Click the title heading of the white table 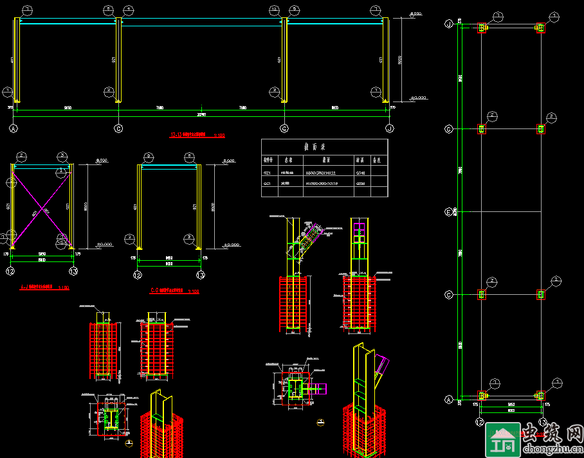(324, 146)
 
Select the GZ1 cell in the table (268, 172)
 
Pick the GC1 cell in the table (268, 184)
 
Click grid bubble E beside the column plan (449, 211)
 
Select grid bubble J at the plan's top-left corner (449, 24)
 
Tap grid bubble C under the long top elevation (118, 128)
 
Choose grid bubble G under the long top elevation (284, 128)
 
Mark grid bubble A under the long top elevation (14, 128)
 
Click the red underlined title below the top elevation (197, 136)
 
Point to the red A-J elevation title (44, 287)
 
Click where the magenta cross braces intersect (42, 208)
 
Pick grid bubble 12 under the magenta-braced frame (10, 272)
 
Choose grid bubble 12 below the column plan (479, 422)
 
